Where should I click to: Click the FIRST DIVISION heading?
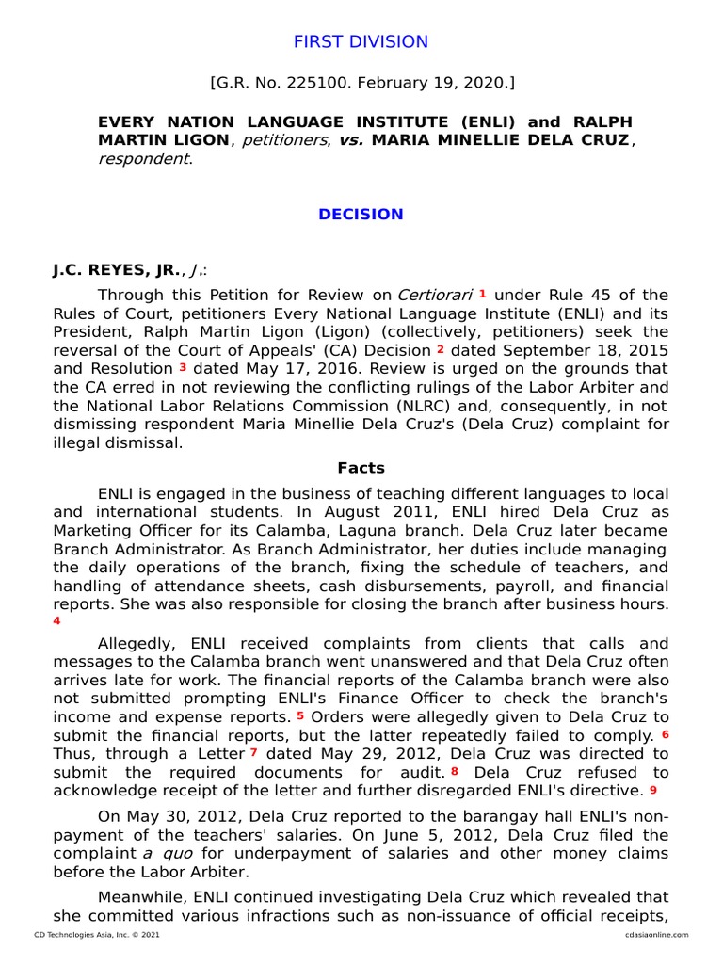[x=361, y=41]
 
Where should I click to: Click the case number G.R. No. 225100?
[x=298, y=84]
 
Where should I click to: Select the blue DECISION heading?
[x=361, y=214]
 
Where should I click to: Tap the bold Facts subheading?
[x=361, y=468]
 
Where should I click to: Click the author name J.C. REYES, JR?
[x=115, y=270]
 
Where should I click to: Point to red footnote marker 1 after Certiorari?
[x=482, y=294]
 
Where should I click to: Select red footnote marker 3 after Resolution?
[x=183, y=367]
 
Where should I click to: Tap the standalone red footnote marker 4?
[x=56, y=621]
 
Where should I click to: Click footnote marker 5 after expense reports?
[x=299, y=715]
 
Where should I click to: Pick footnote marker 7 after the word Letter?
[x=253, y=752]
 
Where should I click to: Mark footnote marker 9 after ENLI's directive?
[x=652, y=789]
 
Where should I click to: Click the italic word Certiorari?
[x=435, y=295]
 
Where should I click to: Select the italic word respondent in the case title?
[x=142, y=158]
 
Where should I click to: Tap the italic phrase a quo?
[x=161, y=853]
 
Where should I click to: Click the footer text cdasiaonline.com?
[x=655, y=935]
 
